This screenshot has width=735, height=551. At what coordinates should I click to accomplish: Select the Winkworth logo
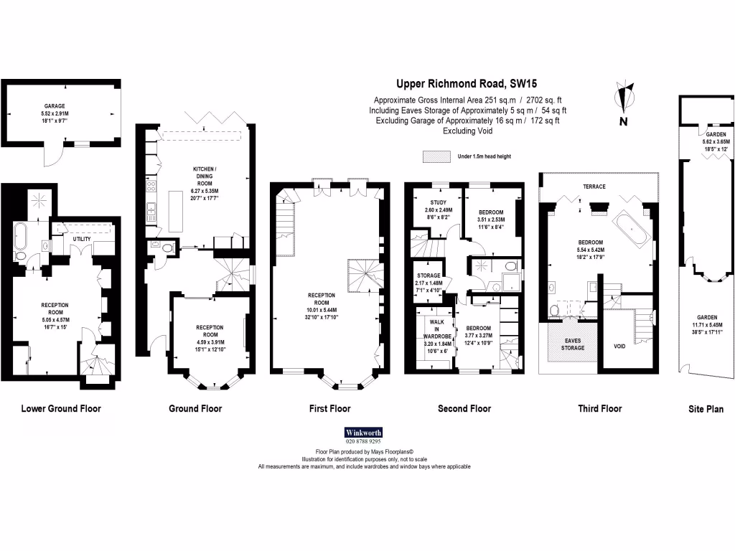click(364, 433)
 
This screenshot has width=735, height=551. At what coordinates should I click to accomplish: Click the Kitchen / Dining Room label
click(203, 171)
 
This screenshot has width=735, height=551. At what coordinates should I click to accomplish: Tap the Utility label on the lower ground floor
click(81, 238)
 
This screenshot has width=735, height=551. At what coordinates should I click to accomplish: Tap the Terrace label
click(594, 187)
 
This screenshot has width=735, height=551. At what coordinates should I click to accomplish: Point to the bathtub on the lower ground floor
click(21, 235)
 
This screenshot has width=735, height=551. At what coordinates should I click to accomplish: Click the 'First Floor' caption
click(329, 409)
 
